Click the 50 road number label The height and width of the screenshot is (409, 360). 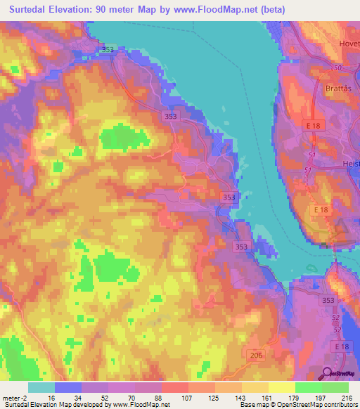(338, 67)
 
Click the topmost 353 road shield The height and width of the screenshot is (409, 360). (108, 49)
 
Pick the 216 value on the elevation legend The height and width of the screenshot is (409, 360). (347, 397)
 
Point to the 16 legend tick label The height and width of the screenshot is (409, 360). (51, 397)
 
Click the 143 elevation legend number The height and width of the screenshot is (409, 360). (240, 397)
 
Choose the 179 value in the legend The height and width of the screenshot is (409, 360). (293, 397)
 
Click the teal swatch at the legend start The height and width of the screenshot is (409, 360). (41, 387)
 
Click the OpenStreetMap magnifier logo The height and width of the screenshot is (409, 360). (326, 373)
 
